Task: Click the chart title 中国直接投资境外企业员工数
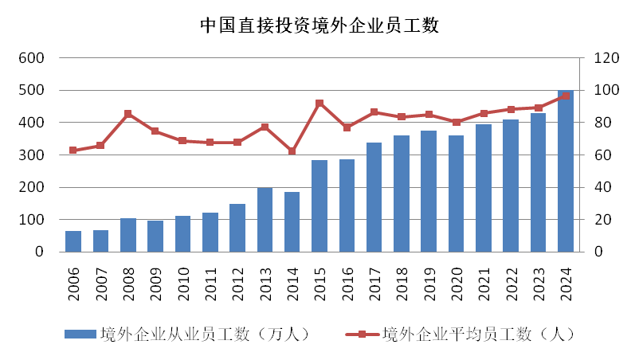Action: pos(319,26)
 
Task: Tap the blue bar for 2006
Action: pos(73,241)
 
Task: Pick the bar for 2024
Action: pos(566,171)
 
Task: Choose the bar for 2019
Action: pos(429,191)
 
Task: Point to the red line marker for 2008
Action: pos(128,114)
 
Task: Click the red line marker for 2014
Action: pos(292,151)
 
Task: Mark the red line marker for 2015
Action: pos(319,103)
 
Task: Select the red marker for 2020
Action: pos(457,122)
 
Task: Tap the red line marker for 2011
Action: pos(210,143)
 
